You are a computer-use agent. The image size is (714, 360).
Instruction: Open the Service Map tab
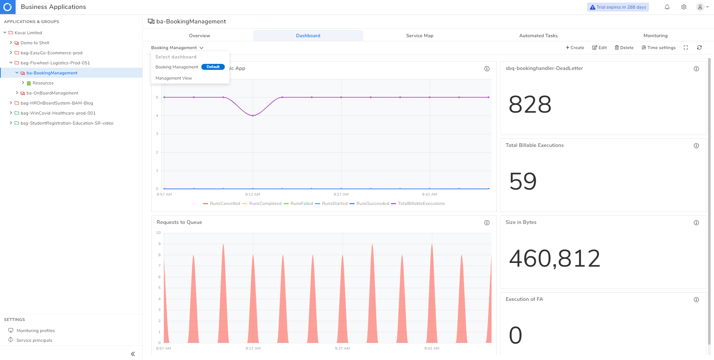(419, 36)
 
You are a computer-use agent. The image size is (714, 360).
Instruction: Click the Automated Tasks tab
(538, 36)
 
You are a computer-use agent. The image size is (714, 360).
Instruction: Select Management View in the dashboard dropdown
(174, 78)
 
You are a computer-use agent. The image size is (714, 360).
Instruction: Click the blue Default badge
(213, 67)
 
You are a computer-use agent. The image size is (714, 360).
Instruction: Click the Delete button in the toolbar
(624, 48)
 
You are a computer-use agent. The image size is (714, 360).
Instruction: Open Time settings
(658, 48)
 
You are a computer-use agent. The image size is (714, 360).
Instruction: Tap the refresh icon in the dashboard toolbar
(699, 48)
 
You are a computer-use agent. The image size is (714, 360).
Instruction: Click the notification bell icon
(667, 7)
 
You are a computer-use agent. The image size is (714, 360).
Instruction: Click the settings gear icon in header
(684, 7)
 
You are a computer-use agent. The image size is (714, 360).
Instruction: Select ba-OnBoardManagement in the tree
(52, 93)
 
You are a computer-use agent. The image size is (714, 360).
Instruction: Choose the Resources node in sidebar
(43, 83)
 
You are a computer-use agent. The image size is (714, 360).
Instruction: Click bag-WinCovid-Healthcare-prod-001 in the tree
(58, 113)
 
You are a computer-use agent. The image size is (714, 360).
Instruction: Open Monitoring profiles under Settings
(36, 331)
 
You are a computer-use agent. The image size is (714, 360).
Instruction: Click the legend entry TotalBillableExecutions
(421, 203)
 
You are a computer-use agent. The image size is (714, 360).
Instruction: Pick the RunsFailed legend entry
(302, 203)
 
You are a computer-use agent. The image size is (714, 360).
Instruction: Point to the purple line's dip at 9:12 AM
(253, 116)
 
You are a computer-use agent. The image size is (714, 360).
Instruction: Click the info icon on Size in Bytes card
(696, 223)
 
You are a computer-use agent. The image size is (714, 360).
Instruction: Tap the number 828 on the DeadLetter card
(530, 105)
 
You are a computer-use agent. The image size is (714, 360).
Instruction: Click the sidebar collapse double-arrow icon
(133, 354)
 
